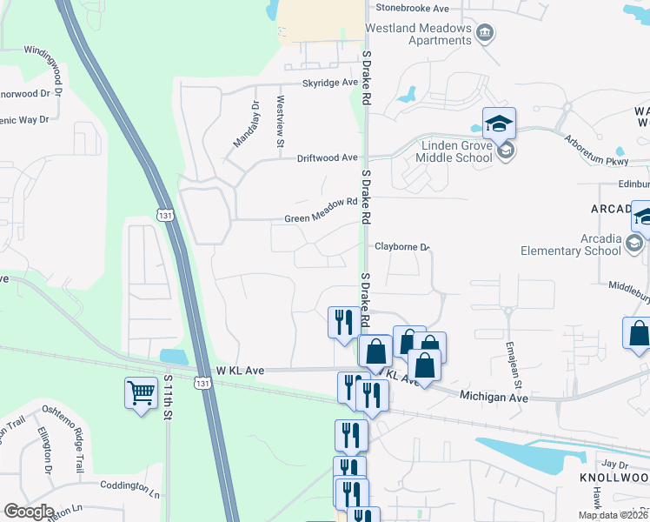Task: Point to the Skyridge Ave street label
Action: click(x=330, y=83)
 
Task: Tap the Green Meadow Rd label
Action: click(x=322, y=202)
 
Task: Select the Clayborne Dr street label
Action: click(x=402, y=247)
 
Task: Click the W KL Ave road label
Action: click(x=239, y=370)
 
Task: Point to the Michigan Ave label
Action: click(x=494, y=397)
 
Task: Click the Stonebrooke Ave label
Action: click(x=412, y=8)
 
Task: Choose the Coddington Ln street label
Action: click(x=130, y=492)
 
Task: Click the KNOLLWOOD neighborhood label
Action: click(x=614, y=478)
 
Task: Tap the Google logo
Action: click(x=29, y=512)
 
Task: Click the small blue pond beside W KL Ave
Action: click(x=174, y=357)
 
